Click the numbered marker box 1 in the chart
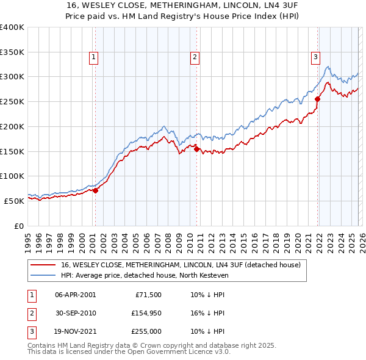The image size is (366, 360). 94,57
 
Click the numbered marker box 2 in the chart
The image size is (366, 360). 195,57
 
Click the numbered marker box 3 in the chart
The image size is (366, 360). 316,57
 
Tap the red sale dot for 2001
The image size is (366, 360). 96,190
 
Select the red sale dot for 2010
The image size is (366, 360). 197,149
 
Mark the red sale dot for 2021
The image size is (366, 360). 318,99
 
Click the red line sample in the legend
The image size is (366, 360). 44,265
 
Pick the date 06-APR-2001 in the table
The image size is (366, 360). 75,295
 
